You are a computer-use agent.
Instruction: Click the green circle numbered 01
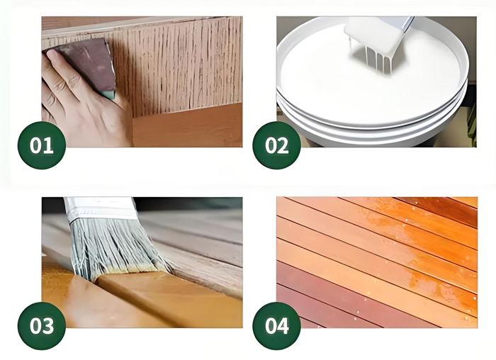pos(42,145)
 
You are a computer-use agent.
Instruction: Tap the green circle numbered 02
pos(277,145)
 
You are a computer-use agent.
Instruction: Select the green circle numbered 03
pos(42,326)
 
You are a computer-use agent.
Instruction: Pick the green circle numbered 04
pos(277,326)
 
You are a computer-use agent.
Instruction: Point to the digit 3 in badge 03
pos(48,326)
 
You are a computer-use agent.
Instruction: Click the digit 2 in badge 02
pos(283,146)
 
